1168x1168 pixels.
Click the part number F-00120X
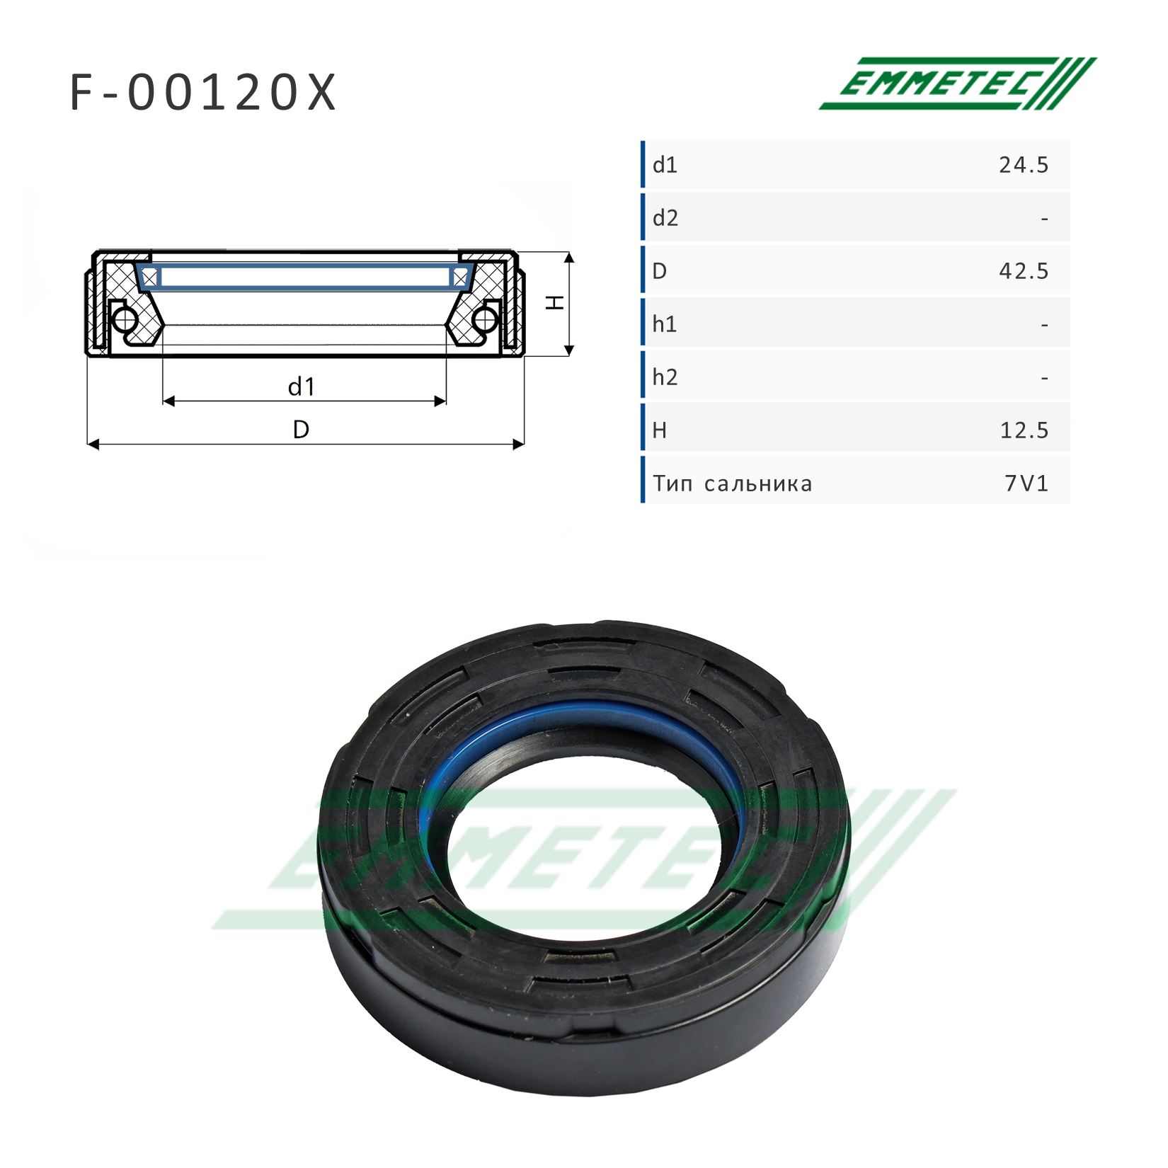pos(202,93)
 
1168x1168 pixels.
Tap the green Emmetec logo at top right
pos(958,84)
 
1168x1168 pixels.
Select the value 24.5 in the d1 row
pos(1024,165)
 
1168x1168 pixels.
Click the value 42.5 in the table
pos(1024,271)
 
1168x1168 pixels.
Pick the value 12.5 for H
pos(1024,430)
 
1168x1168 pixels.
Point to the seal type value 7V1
pos(1026,483)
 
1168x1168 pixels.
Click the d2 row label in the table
pos(665,217)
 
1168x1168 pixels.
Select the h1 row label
pos(665,324)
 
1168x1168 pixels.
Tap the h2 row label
pos(665,377)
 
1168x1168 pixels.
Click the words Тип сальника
pos(733,483)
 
